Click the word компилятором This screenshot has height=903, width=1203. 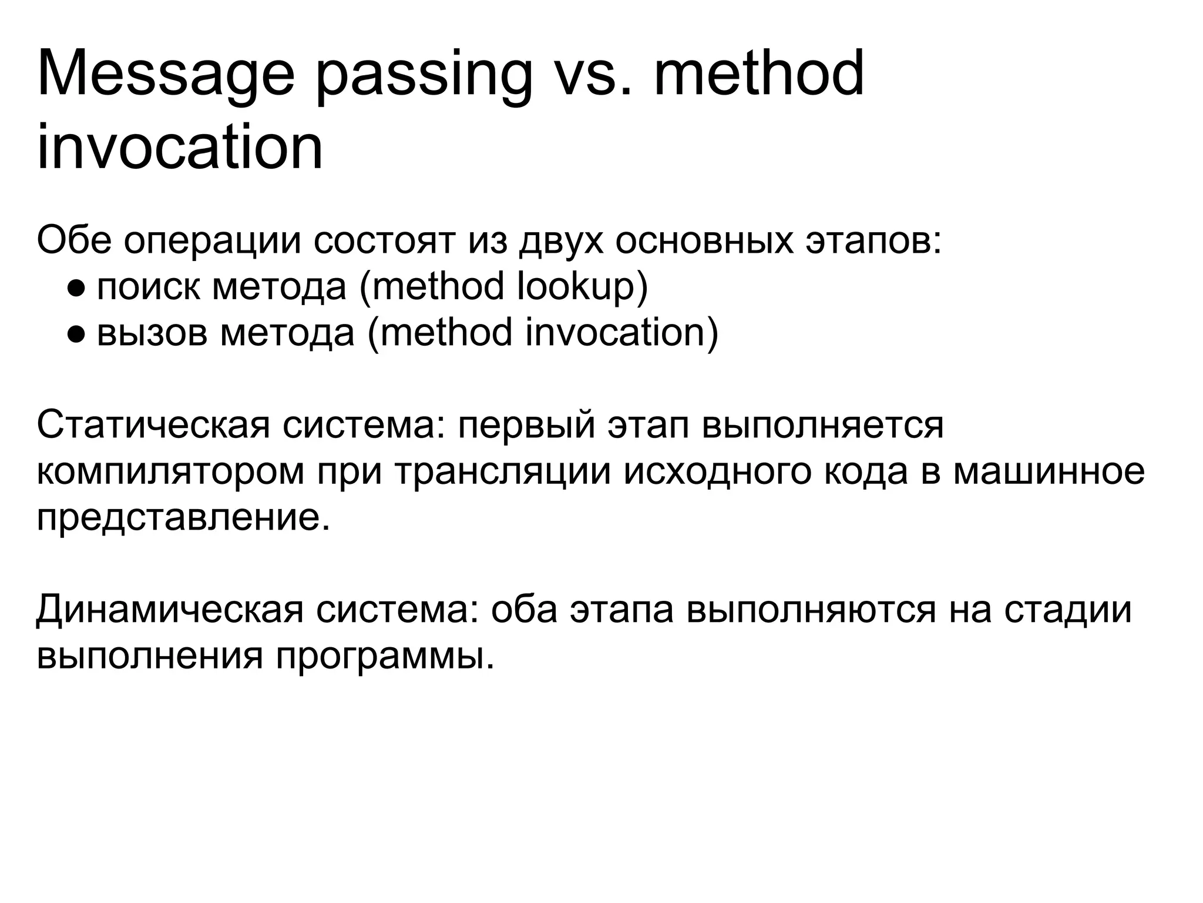click(170, 472)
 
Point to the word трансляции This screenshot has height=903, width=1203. click(503, 472)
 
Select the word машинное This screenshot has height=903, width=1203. click(1049, 471)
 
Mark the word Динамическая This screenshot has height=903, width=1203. click(170, 610)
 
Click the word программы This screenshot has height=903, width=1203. click(385, 656)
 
